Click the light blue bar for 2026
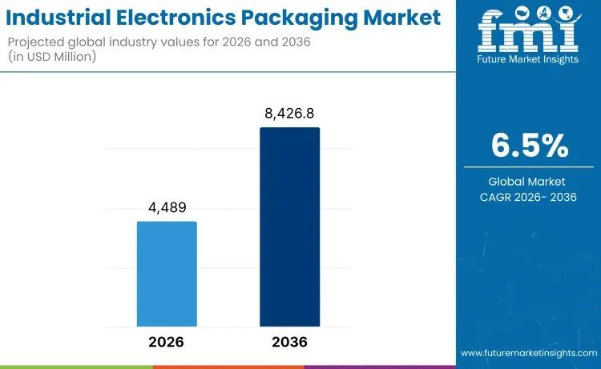[167, 274]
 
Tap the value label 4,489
[167, 208]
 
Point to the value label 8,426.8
[289, 114]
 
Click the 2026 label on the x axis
[167, 342]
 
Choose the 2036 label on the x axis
[289, 342]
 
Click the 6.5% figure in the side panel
[530, 146]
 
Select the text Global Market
[527, 181]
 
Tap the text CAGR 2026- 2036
[527, 197]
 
